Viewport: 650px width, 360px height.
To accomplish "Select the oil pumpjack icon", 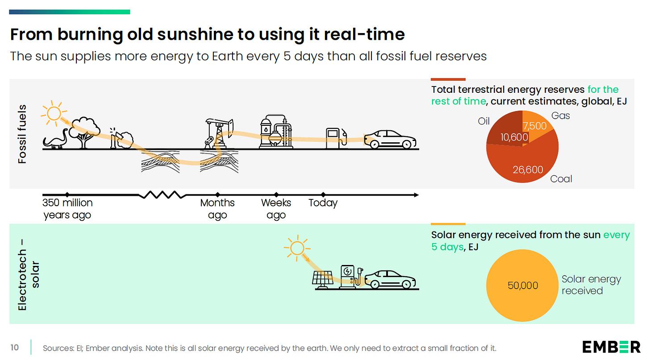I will [218, 132].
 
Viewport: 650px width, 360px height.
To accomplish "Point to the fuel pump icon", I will [335, 137].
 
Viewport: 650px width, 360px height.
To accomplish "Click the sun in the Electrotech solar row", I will [296, 248].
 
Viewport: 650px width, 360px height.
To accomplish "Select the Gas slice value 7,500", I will [534, 126].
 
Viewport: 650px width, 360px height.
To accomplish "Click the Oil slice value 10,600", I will [514, 137].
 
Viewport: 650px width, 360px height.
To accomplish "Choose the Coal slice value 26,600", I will [528, 170].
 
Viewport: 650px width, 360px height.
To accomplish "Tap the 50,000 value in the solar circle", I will [523, 286].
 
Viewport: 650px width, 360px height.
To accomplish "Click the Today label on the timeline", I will [323, 203].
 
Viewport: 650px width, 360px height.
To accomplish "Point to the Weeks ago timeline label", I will [276, 209].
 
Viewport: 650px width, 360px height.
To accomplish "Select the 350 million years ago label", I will [67, 209].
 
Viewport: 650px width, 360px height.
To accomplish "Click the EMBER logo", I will [611, 347].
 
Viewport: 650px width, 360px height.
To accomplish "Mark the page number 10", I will [15, 347].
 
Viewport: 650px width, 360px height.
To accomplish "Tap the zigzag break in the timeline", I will [162, 195].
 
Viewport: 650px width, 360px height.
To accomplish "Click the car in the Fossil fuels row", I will [390, 139].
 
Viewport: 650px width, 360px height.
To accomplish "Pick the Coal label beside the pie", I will [561, 179].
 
